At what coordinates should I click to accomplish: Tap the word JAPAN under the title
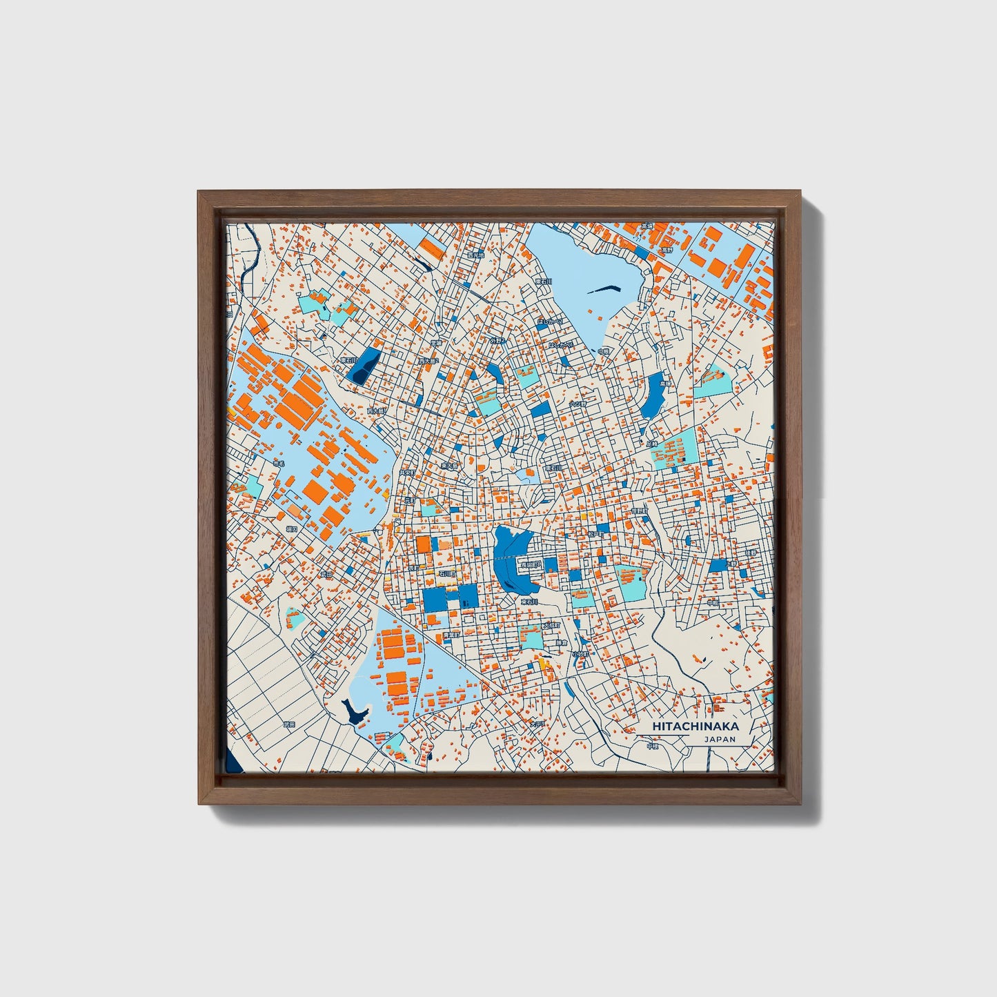coord(720,739)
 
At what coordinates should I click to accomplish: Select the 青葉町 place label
coord(450,635)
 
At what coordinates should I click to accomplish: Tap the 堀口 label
coord(292,529)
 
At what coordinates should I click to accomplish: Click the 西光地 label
coord(476,255)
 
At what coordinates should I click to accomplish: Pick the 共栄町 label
coord(407,473)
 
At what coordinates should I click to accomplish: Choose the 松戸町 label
coord(595,533)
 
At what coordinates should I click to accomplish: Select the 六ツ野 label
coord(577,404)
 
